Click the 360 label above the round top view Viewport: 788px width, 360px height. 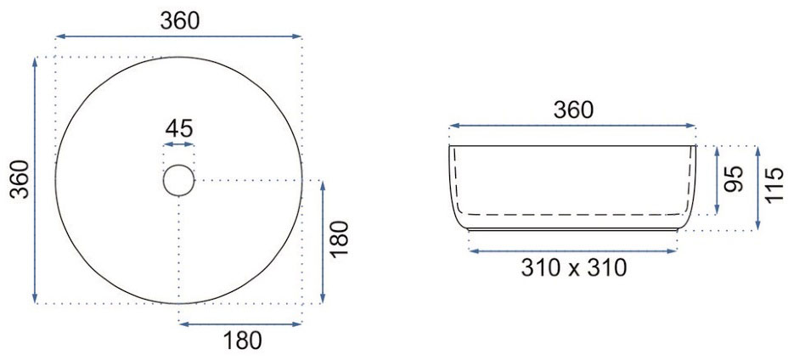pyautogui.click(x=180, y=20)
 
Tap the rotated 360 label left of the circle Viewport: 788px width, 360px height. pyautogui.click(x=20, y=179)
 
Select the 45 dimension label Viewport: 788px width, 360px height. pyautogui.click(x=179, y=129)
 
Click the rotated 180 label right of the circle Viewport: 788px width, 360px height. pyautogui.click(x=341, y=239)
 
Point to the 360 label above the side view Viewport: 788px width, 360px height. pyautogui.click(x=573, y=110)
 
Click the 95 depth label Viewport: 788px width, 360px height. pyautogui.click(x=735, y=179)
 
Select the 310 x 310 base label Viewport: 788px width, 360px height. pyautogui.click(x=574, y=268)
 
